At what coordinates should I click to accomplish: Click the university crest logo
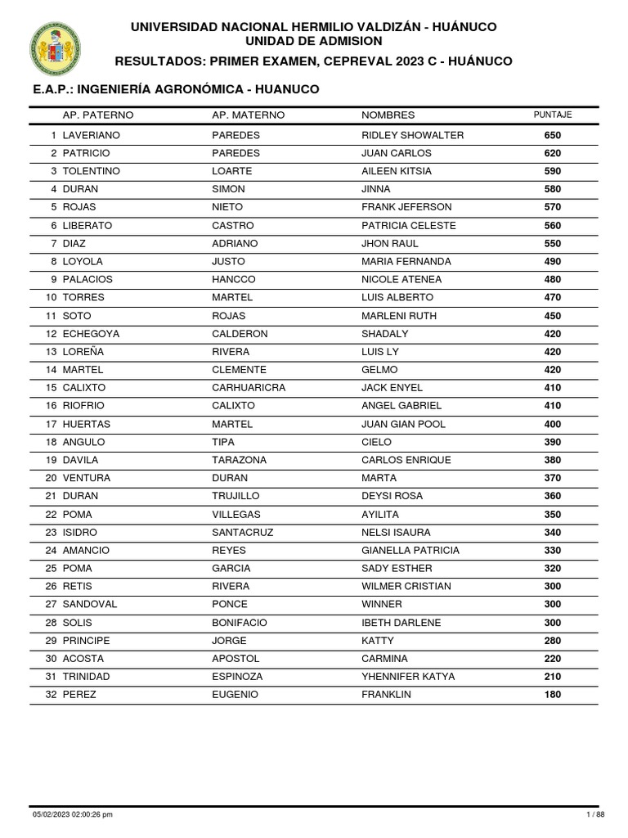[x=55, y=47]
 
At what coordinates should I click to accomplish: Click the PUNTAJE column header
[x=552, y=115]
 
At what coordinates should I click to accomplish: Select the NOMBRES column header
[x=388, y=115]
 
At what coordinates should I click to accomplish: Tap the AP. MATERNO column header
[x=248, y=115]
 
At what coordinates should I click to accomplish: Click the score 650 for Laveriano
[x=553, y=135]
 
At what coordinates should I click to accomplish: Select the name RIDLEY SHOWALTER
[x=412, y=135]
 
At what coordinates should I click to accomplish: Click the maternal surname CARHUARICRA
[x=249, y=388]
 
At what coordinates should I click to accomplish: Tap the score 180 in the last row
[x=553, y=695]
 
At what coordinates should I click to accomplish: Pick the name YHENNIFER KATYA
[x=408, y=677]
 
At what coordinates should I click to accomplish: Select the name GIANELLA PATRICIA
[x=410, y=550]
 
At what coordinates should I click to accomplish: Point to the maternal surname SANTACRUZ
[x=242, y=532]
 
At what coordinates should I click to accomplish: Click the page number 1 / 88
[x=594, y=814]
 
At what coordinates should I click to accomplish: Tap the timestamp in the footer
[x=73, y=814]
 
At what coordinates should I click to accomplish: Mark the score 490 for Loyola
[x=553, y=262]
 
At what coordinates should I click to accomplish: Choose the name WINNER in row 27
[x=381, y=605]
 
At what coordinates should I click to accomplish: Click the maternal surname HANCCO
[x=234, y=280]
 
